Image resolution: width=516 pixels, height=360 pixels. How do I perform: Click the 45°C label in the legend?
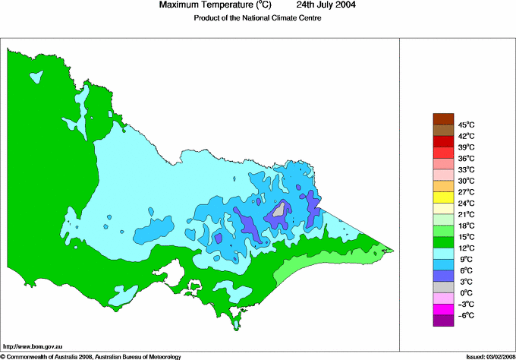tap(465, 125)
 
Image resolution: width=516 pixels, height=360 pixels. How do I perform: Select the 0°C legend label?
tap(465, 292)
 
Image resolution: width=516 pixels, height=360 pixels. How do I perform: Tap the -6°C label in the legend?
tap(465, 315)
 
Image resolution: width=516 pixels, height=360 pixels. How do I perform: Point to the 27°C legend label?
tap(465, 192)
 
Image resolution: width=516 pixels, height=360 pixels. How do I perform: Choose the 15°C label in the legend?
tap(465, 237)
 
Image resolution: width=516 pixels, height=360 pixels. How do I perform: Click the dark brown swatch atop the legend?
tap(443, 118)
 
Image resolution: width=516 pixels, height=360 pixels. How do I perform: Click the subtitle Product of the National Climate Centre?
tap(257, 18)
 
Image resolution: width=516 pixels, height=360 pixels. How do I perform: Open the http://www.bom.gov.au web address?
tap(33, 346)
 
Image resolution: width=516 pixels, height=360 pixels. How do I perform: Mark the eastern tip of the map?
tap(392, 250)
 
